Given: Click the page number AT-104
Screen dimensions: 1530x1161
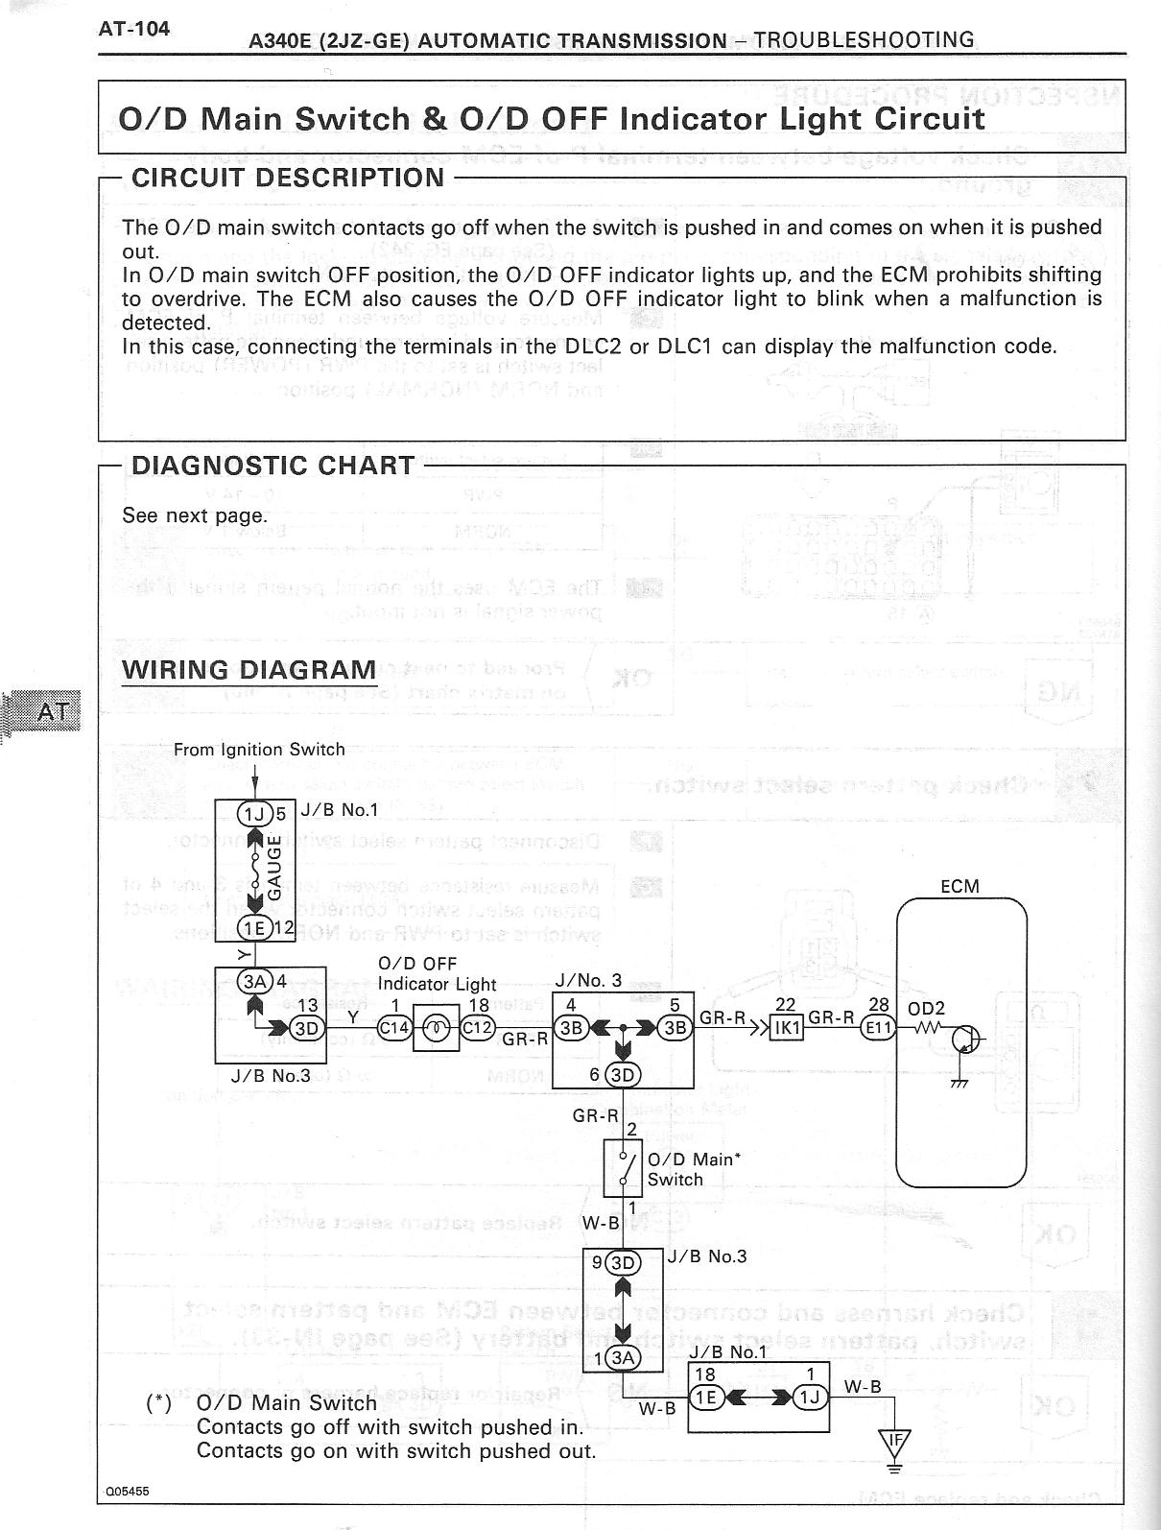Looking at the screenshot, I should tap(134, 29).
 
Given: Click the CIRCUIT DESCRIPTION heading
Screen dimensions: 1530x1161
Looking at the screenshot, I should tap(288, 178).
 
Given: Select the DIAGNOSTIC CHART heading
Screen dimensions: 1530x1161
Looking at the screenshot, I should tap(272, 466).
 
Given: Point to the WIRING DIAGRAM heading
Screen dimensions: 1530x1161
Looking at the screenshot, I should tap(249, 669).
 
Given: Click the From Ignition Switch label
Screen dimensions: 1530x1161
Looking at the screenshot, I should tap(259, 750).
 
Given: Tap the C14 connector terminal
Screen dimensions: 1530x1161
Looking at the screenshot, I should tap(394, 1027).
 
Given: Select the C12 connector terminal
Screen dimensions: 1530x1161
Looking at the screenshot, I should tap(477, 1027).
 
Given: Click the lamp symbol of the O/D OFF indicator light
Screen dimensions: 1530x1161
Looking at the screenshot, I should tap(436, 1027).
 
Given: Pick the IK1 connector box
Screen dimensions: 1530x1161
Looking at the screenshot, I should tap(788, 1028).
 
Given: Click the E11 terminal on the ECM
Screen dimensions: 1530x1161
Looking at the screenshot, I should tap(877, 1028).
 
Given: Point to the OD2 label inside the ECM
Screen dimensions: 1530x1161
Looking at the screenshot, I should tap(926, 1008).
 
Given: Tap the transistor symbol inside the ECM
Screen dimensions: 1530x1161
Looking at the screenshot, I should tap(966, 1039).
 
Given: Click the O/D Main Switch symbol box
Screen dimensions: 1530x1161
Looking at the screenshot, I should tap(624, 1168).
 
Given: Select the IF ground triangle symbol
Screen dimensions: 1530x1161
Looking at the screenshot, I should tap(894, 1439).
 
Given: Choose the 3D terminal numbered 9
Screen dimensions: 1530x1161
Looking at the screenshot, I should tap(624, 1262).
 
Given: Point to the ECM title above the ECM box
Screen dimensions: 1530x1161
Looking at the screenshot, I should tap(960, 886).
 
